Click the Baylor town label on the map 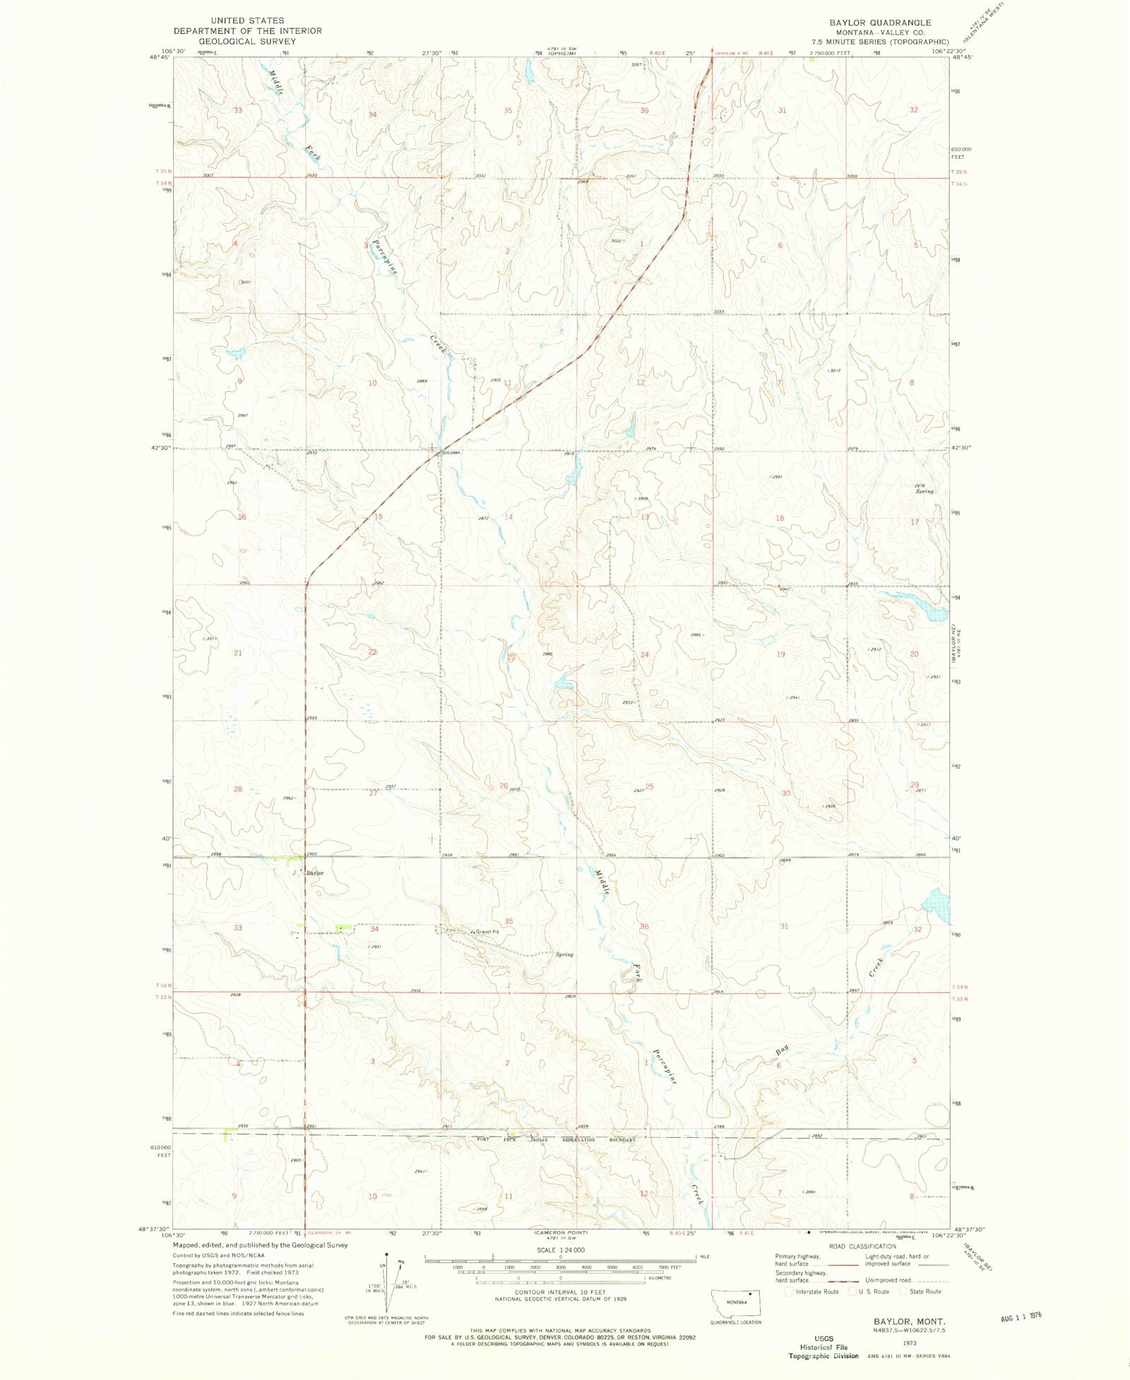click(314, 873)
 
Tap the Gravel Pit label click(487, 932)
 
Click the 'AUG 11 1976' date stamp click(1021, 1316)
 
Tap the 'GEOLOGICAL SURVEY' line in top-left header click(247, 41)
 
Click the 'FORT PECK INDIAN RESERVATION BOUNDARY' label click(557, 1140)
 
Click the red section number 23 click(511, 657)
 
